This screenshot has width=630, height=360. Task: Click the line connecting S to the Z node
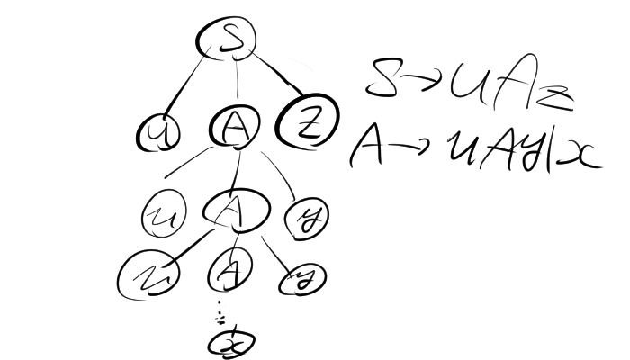[274, 76]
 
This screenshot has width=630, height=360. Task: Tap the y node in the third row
[305, 215]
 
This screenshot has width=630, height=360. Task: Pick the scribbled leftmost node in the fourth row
[149, 274]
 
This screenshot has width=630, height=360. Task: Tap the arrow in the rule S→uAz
[420, 81]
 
